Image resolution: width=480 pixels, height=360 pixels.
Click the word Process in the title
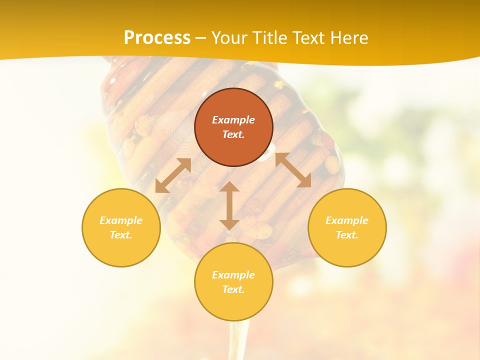pos(157,38)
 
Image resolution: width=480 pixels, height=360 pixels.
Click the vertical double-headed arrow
pos(229,205)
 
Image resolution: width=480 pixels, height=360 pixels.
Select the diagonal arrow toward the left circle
pos(173,175)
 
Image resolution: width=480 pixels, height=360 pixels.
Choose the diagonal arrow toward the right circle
pos(293,170)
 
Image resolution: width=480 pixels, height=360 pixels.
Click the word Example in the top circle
pos(233,120)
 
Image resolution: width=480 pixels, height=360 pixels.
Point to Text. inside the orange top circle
pos(233,134)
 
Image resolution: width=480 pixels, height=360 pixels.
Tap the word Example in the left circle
pos(121,220)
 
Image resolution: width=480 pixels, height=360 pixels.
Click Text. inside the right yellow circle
pos(347,235)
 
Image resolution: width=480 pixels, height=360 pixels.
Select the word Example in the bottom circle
pos(233,275)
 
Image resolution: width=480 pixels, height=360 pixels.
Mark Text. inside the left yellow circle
pos(121,235)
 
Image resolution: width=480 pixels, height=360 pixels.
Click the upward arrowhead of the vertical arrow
pos(229,187)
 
